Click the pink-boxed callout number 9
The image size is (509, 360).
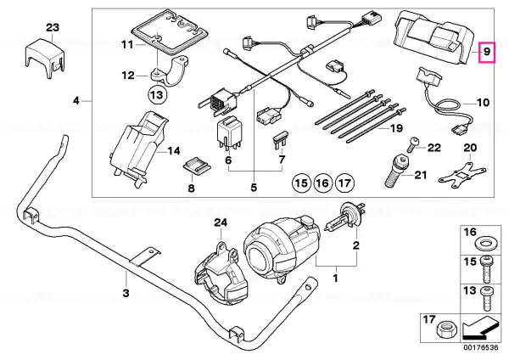[487, 52]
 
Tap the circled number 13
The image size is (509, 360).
[157, 95]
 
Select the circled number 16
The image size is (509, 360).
[322, 183]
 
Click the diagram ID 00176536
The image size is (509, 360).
[480, 347]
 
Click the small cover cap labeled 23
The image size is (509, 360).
[43, 58]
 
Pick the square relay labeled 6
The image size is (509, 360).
[229, 133]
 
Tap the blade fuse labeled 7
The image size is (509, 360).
[282, 140]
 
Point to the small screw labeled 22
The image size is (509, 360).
[412, 144]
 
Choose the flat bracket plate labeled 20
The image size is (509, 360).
[462, 174]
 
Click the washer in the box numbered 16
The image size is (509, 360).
[485, 244]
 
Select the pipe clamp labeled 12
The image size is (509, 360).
[170, 71]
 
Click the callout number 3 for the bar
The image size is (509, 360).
[126, 293]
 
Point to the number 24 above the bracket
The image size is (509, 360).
[221, 223]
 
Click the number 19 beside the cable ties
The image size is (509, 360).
[396, 128]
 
